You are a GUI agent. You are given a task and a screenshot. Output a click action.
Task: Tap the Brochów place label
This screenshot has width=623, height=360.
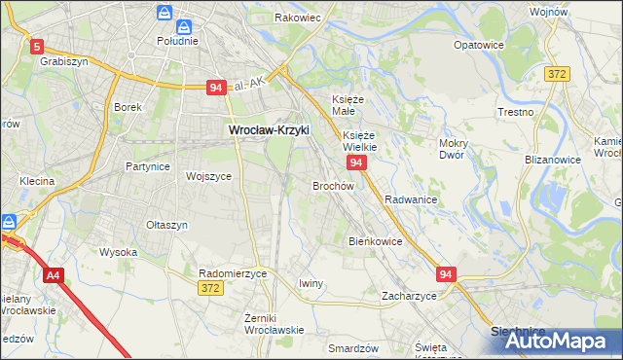[332, 185]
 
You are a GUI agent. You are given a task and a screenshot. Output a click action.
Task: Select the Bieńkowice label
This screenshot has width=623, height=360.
[375, 240]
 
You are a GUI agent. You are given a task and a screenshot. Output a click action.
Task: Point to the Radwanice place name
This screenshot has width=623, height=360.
[410, 198]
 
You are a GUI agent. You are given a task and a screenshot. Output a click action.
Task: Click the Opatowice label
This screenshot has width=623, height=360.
[480, 45]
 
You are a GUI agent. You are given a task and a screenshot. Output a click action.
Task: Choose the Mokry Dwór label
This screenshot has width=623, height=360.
[454, 149]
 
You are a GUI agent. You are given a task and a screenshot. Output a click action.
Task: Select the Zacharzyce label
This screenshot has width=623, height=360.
[409, 296]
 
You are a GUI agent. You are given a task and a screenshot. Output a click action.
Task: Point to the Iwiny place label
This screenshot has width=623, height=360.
[311, 283]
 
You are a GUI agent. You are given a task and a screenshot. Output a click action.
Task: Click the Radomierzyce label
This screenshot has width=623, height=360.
[233, 274]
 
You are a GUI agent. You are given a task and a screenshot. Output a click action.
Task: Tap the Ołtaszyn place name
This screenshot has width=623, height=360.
[166, 225]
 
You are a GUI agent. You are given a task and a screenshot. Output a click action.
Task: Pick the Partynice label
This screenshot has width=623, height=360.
[148, 166]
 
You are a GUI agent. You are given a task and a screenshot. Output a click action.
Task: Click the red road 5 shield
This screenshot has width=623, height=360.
[37, 46]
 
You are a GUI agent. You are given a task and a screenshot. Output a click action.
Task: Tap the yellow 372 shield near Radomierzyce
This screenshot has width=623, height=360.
[209, 289]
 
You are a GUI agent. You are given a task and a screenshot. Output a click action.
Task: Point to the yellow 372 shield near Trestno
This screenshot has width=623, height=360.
[557, 76]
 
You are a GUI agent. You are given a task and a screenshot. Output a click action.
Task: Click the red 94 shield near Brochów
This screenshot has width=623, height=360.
[356, 162]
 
